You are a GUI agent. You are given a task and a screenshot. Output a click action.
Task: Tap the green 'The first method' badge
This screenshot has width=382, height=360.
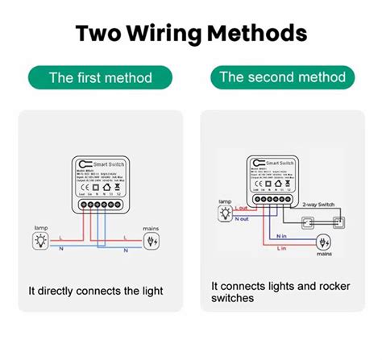pos(100,78)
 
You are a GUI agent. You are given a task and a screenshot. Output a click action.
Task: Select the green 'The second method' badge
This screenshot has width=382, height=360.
pos(282,78)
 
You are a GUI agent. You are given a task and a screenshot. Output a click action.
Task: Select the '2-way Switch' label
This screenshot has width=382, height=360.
pos(320,205)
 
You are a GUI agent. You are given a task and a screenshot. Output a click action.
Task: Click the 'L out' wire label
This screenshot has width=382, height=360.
pos(241,208)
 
